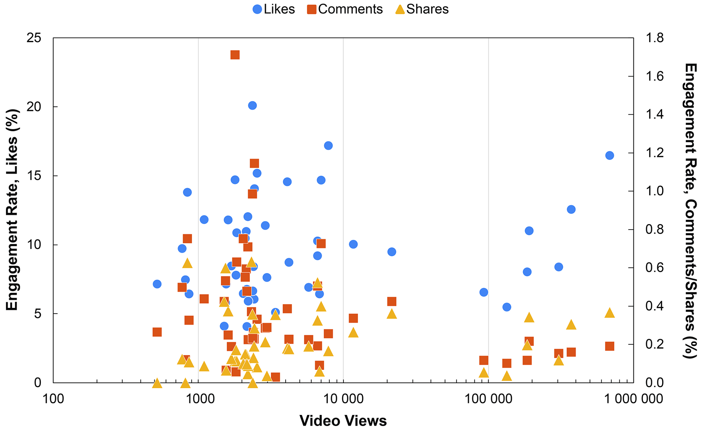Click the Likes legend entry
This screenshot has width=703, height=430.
(x=274, y=9)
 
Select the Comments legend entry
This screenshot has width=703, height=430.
(x=345, y=9)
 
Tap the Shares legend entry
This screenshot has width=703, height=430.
(x=422, y=9)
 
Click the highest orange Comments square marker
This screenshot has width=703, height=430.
(x=235, y=55)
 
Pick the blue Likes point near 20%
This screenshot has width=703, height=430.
(x=252, y=105)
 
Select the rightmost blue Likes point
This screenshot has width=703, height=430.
(x=609, y=155)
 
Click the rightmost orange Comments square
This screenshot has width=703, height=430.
(x=609, y=346)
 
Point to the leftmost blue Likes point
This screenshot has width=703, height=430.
(x=157, y=284)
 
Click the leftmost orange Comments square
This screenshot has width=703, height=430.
(x=157, y=332)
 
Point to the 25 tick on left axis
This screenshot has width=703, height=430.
(x=34, y=38)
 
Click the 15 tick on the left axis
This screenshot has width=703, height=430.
(x=34, y=176)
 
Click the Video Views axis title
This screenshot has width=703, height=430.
(x=343, y=421)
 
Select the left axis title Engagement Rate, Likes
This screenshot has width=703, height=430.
(x=12, y=210)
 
